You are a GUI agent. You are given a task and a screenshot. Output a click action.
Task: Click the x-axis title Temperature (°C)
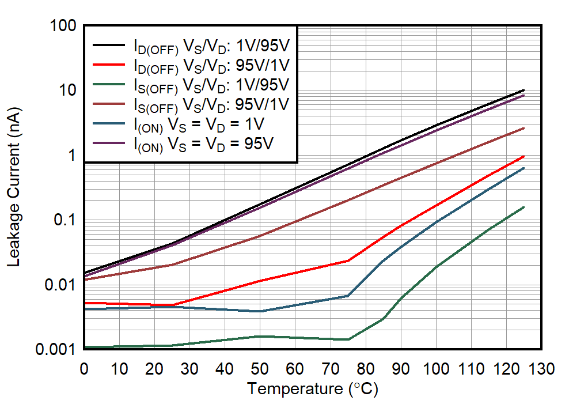(313, 389)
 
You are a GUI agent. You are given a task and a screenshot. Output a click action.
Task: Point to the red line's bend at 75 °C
(348, 260)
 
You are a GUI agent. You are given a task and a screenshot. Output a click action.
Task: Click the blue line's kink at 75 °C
(348, 296)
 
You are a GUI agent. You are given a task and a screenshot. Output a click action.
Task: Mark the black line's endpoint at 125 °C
(524, 90)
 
